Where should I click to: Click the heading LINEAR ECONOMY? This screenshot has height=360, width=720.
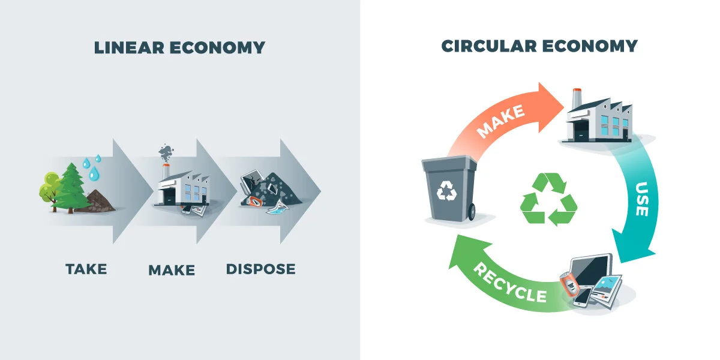point(179,47)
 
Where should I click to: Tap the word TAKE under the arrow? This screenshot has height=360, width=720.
point(86,268)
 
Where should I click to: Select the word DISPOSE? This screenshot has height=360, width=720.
point(261,269)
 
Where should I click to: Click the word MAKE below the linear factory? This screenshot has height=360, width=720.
point(172,270)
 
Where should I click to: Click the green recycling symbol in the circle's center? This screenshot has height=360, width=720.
point(548,199)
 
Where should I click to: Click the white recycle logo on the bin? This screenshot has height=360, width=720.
point(446,191)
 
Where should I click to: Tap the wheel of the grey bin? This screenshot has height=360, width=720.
point(473,211)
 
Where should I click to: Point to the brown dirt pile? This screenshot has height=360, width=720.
point(100,200)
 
